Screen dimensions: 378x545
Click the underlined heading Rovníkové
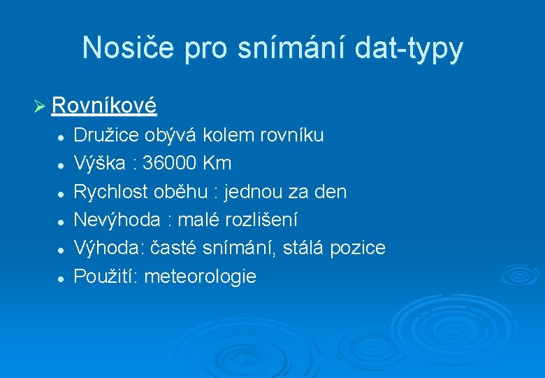(x=104, y=106)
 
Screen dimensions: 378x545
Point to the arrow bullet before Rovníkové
(x=39, y=106)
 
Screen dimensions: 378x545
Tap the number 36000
(x=170, y=164)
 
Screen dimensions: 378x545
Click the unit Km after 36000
(x=217, y=164)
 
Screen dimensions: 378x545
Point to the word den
(x=331, y=192)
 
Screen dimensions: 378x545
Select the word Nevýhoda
(x=116, y=220)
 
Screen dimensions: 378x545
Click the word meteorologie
(x=200, y=276)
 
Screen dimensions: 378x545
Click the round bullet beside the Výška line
(x=61, y=165)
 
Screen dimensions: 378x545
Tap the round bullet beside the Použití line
(x=61, y=278)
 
